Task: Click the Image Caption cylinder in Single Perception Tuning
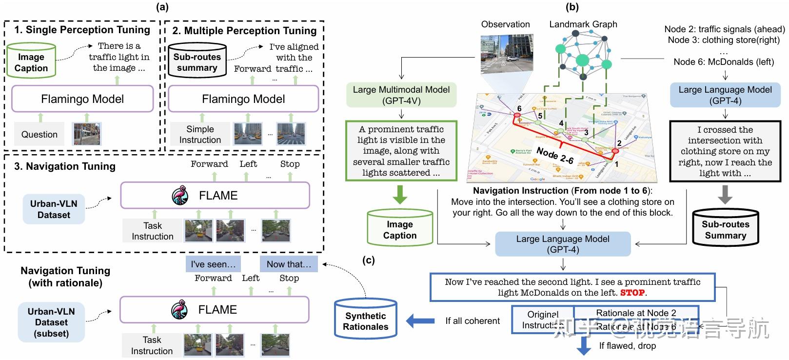point(31,60)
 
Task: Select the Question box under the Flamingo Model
point(39,134)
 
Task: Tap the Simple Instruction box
point(200,134)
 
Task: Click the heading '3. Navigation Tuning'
point(65,166)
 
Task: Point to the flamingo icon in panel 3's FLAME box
point(180,196)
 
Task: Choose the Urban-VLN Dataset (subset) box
point(51,322)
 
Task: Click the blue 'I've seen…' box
point(213,264)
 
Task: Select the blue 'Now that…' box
point(289,264)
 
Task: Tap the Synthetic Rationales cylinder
point(366,320)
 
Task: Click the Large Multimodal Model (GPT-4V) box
point(401,95)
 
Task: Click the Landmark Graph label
point(583,24)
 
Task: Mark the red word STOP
point(632,293)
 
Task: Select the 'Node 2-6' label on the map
point(555,155)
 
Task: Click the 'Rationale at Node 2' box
point(636,313)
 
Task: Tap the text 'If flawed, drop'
point(627,345)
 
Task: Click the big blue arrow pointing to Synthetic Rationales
point(420,320)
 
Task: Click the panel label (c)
point(369,260)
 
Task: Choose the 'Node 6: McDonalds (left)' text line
point(724,61)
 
